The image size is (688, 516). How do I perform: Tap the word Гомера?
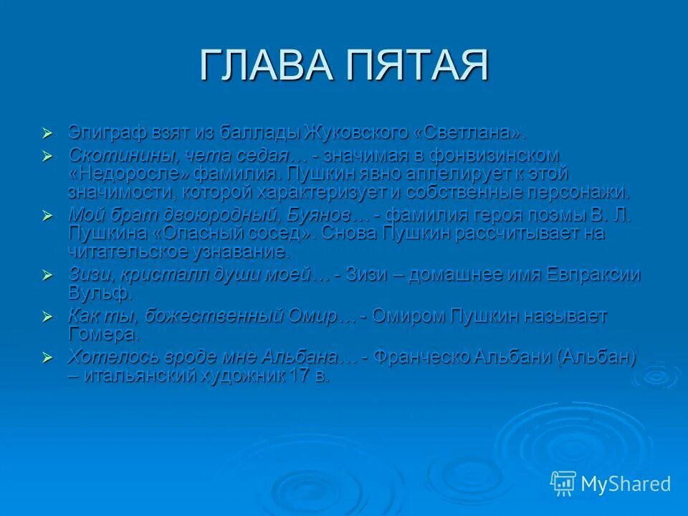103,334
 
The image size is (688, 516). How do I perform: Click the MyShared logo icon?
563,484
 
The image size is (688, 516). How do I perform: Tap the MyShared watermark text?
626,484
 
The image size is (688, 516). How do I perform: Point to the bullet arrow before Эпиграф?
48,133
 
